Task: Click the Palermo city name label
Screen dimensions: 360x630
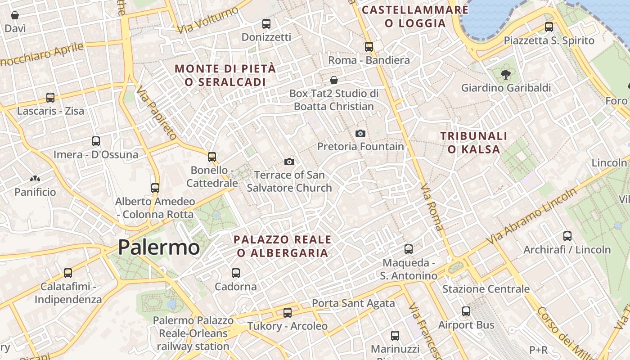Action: click(159, 247)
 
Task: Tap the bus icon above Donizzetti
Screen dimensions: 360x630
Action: click(266, 23)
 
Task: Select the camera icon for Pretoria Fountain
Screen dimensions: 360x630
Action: click(360, 133)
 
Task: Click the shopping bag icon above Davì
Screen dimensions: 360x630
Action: click(15, 15)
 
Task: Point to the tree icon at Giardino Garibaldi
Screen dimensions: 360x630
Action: click(506, 75)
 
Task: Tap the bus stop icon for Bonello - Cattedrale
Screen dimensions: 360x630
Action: click(212, 157)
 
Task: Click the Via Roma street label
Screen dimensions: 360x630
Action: click(432, 207)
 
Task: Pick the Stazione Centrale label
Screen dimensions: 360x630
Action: click(486, 289)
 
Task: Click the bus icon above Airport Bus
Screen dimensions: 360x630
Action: click(466, 311)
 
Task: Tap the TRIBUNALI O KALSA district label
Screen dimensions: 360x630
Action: click(474, 143)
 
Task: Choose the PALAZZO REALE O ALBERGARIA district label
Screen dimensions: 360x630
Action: click(283, 246)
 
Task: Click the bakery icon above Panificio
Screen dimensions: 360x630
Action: click(35, 179)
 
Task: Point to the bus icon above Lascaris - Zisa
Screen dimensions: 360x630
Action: click(50, 97)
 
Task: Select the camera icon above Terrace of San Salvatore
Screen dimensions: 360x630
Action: click(289, 162)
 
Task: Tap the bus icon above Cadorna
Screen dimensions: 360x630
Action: click(235, 273)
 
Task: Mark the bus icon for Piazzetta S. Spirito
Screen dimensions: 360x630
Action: click(549, 27)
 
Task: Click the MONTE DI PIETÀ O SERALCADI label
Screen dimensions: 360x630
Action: click(225, 75)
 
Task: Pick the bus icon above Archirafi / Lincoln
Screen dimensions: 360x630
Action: click(567, 236)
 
